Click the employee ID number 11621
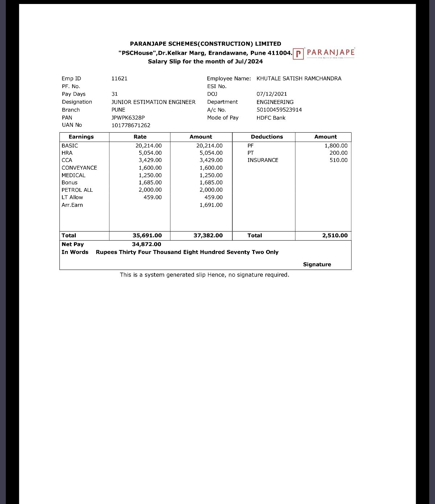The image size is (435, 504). click(119, 79)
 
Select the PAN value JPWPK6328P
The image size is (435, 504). click(128, 118)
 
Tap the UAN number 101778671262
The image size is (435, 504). click(131, 125)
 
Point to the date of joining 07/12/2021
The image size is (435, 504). click(272, 94)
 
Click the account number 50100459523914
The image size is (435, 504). click(279, 110)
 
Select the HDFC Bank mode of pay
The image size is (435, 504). click(271, 118)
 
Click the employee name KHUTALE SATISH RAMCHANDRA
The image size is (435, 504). click(299, 79)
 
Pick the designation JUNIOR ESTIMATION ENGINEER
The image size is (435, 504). click(153, 102)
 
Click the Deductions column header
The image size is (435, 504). click(267, 137)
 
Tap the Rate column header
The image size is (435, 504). click(140, 137)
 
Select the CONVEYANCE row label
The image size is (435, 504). click(79, 168)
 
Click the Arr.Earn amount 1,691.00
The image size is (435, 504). click(211, 205)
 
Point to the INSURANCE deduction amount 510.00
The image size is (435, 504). click(338, 160)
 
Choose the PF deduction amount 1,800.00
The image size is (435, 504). click(336, 146)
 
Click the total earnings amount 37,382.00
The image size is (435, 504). click(208, 236)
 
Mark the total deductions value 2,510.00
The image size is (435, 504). click(335, 236)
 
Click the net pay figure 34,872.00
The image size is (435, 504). click(146, 245)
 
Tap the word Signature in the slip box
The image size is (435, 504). click(317, 265)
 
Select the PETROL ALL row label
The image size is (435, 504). click(77, 190)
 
